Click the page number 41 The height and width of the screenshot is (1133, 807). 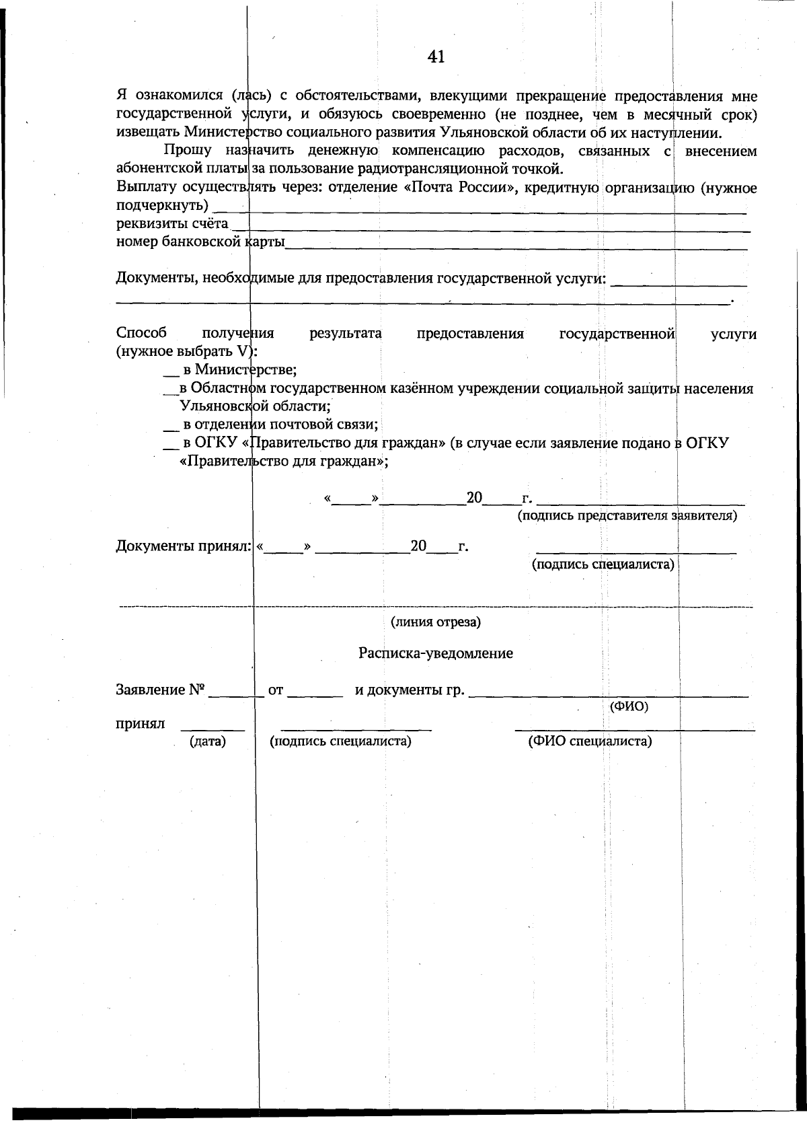pyautogui.click(x=436, y=57)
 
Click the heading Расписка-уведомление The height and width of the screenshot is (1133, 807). pyautogui.click(x=436, y=653)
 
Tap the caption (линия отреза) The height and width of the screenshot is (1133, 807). pyautogui.click(x=436, y=622)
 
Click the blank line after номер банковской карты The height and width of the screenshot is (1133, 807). pyautogui.click(x=516, y=248)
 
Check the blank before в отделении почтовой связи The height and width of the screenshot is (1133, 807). pyautogui.click(x=171, y=429)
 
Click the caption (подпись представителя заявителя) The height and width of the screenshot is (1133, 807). pyautogui.click(x=627, y=516)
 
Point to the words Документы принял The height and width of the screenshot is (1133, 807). pyautogui.click(x=184, y=546)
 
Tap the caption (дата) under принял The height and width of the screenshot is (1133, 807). pyautogui.click(x=208, y=741)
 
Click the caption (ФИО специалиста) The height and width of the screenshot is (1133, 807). pyautogui.click(x=590, y=741)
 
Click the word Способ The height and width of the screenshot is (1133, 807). pyautogui.click(x=141, y=334)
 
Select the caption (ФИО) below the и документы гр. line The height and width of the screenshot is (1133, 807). pyautogui.click(x=629, y=707)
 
